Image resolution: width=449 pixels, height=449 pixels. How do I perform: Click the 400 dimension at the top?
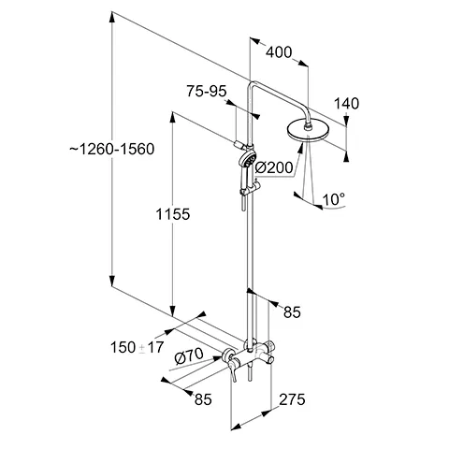coord(279,52)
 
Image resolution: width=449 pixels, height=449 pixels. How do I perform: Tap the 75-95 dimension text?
coord(207,91)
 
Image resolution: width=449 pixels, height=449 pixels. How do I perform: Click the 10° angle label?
coord(334,198)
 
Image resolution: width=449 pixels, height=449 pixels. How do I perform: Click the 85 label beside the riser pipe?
coord(293,312)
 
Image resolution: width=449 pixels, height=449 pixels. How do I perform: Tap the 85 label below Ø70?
coord(204,398)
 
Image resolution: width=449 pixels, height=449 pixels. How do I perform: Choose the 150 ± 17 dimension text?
coord(137,348)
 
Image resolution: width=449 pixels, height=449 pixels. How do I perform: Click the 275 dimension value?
coord(293,400)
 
